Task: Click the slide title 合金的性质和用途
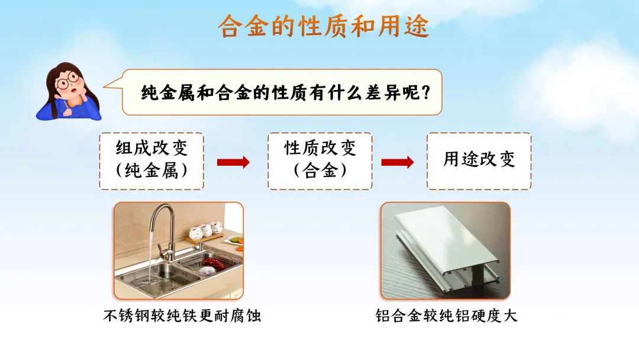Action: coord(323,27)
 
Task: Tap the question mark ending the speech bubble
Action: coord(422,92)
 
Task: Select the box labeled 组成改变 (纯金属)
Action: coord(151,160)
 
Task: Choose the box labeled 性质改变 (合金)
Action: coord(320,160)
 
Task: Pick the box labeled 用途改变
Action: coord(479,160)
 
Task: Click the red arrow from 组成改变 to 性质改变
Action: coord(233,162)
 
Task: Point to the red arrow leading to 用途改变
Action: coord(398,162)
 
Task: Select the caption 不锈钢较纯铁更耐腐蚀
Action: coord(182,316)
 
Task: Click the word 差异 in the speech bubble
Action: coord(379,92)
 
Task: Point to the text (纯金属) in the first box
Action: coord(151,171)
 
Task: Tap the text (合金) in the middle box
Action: coord(320,171)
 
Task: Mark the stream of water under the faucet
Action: coord(151,261)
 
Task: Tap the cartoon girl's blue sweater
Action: coord(50,111)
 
